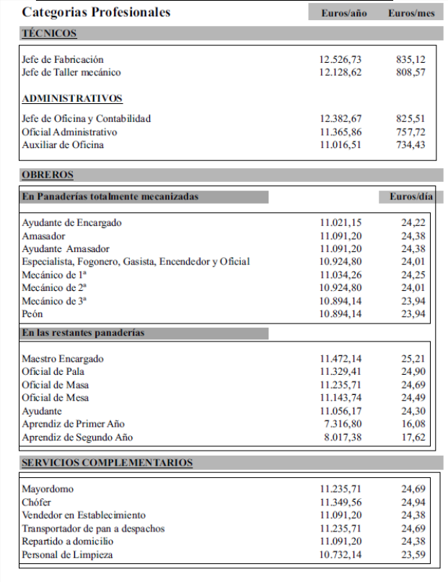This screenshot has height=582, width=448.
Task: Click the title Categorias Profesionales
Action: [x=96, y=12]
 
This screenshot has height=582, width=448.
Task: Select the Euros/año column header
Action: [x=343, y=13]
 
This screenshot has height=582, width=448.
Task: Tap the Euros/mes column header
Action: [x=411, y=13]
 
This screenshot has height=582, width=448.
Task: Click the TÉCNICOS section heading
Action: [x=49, y=33]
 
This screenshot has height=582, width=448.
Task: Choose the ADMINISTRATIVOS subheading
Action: [x=72, y=99]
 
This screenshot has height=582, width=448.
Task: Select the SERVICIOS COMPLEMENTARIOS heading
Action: [x=107, y=463]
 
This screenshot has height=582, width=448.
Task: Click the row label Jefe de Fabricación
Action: [x=63, y=59]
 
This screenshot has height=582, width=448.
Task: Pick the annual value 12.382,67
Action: [x=341, y=118]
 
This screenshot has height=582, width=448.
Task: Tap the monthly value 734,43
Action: [x=410, y=145]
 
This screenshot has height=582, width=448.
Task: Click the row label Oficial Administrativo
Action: [x=69, y=132]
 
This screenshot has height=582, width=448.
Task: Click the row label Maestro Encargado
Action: [x=63, y=359]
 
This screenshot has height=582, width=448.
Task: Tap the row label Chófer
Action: [x=37, y=503]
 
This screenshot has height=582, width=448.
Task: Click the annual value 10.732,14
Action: [x=341, y=555]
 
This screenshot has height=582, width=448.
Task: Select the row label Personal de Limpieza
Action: [x=67, y=555]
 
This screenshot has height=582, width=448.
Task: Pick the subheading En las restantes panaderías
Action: [x=83, y=333]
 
